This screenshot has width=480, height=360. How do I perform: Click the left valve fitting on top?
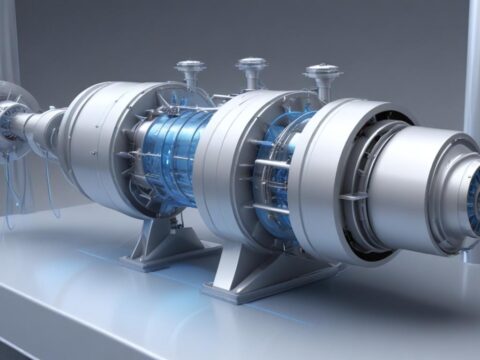[x=190, y=72]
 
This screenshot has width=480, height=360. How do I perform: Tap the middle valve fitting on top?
[x=252, y=71]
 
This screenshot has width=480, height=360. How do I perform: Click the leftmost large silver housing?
[x=95, y=135]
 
